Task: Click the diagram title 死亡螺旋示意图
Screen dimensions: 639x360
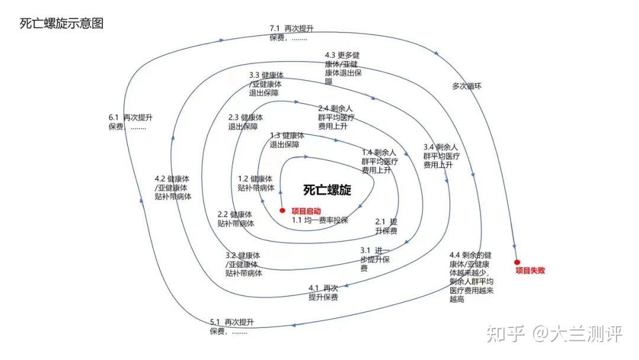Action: pos(62,24)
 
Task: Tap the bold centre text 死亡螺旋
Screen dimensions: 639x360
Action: pos(327,190)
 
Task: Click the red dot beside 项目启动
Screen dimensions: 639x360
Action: pos(283,211)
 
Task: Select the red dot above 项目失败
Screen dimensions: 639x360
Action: pos(517,261)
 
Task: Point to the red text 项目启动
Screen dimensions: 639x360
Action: pos(306,211)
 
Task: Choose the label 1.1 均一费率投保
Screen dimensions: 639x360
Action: pos(320,220)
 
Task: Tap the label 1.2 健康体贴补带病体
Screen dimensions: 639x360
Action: pos(256,184)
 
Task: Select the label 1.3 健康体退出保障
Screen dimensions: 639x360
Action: pos(288,140)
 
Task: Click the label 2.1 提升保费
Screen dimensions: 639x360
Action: pos(386,226)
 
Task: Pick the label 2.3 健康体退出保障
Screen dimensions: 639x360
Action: pos(246,122)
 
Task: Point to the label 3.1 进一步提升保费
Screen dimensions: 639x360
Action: pos(375,259)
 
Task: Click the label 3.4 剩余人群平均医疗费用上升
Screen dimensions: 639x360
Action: pos(441,156)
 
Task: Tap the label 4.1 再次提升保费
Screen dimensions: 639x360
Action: pos(323,292)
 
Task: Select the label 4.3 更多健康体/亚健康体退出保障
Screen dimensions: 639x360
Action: pos(344,68)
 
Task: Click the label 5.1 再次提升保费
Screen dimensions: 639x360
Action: pos(231,327)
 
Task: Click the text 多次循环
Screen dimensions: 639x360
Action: pos(467,86)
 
